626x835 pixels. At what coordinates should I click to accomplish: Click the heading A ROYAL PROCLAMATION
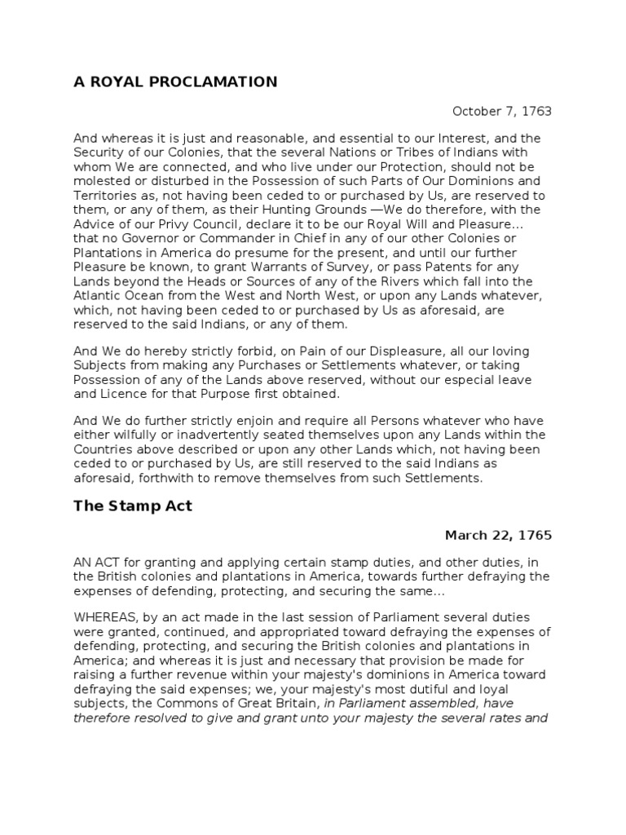[x=175, y=82]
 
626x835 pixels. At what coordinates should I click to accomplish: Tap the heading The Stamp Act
[x=133, y=506]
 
